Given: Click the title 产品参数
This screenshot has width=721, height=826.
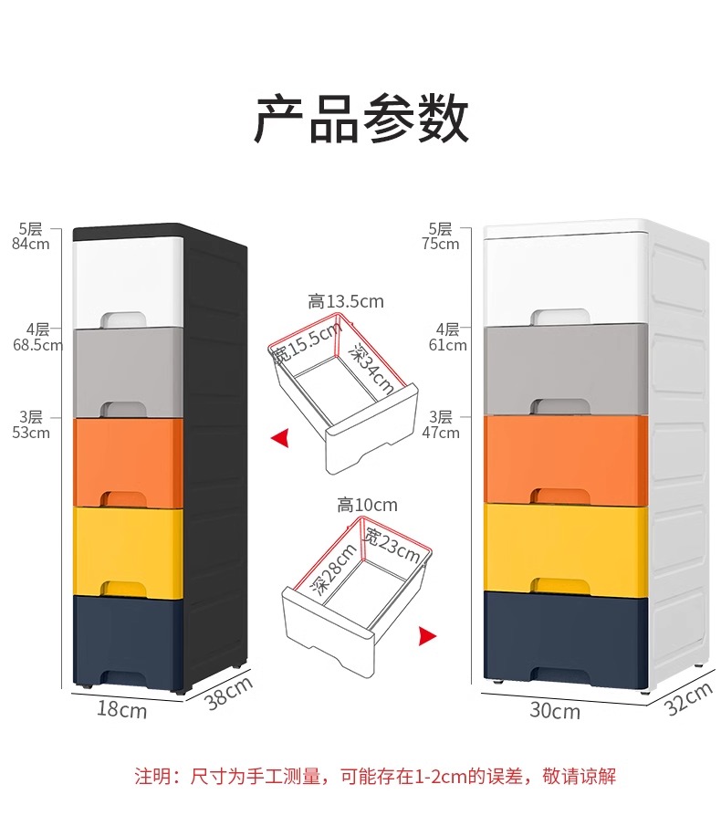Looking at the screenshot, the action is click(360, 119).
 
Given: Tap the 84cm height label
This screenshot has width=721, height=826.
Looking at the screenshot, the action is click(31, 244).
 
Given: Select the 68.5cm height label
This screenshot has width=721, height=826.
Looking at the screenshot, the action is click(37, 345).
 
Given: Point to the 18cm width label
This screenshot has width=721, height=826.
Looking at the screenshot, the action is click(121, 709).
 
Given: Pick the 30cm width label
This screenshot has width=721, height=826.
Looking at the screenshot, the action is click(555, 710).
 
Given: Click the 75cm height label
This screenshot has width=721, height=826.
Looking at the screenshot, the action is click(441, 244).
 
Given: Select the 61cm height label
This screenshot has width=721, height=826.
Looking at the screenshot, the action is click(447, 345).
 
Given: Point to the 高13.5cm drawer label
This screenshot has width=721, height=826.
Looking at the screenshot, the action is click(346, 301).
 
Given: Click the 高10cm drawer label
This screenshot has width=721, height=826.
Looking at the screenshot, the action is click(367, 505).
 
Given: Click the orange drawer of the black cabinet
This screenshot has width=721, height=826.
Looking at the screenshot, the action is click(128, 461).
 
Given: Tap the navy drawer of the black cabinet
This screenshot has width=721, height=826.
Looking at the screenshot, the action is click(128, 639).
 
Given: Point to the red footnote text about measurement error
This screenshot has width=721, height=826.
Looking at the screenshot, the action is click(375, 777).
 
